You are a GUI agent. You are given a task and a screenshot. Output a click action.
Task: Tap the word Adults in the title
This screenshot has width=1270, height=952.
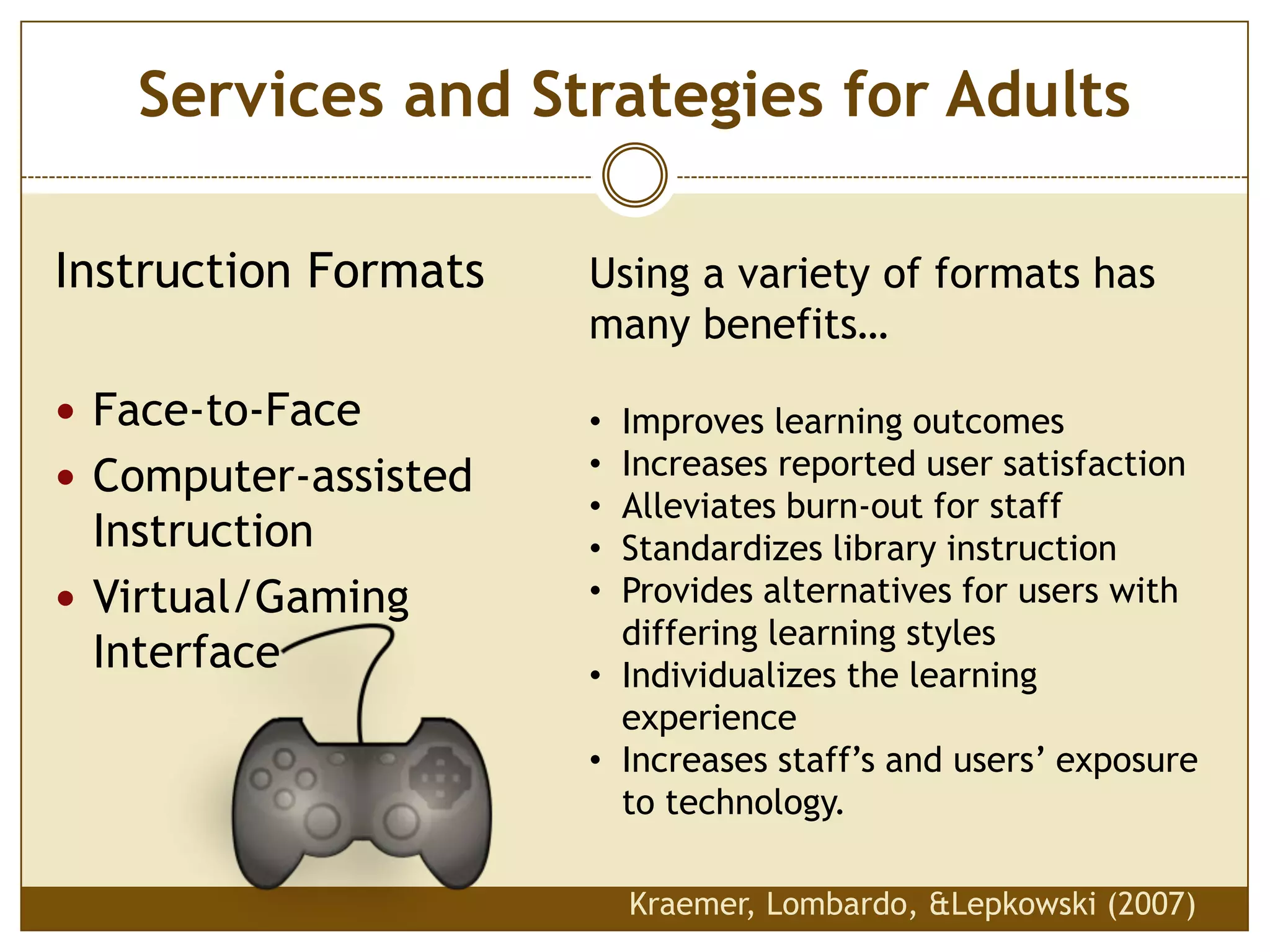(1037, 96)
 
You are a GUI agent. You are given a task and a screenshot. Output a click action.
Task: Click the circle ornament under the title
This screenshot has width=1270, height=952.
(634, 175)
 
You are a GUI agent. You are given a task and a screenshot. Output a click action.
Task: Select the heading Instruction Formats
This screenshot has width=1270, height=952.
(270, 271)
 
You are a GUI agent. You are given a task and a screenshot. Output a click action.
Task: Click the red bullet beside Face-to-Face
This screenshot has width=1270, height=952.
(66, 411)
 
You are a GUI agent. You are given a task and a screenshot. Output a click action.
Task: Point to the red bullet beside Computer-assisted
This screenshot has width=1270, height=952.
(66, 477)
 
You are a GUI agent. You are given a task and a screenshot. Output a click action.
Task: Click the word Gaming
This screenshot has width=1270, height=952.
(332, 597)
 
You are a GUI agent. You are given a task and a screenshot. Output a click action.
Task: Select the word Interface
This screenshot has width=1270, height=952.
(186, 652)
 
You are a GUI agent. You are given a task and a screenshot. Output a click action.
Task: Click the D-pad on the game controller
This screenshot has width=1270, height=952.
(440, 777)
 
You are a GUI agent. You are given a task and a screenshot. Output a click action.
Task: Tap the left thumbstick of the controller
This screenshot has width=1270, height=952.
(322, 821)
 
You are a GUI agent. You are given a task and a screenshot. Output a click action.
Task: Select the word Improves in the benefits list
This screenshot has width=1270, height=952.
(693, 422)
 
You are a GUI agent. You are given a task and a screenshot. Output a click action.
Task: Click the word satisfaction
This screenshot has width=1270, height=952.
(1094, 464)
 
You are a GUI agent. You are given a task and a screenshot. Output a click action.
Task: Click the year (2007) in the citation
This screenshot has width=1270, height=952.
(1152, 904)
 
